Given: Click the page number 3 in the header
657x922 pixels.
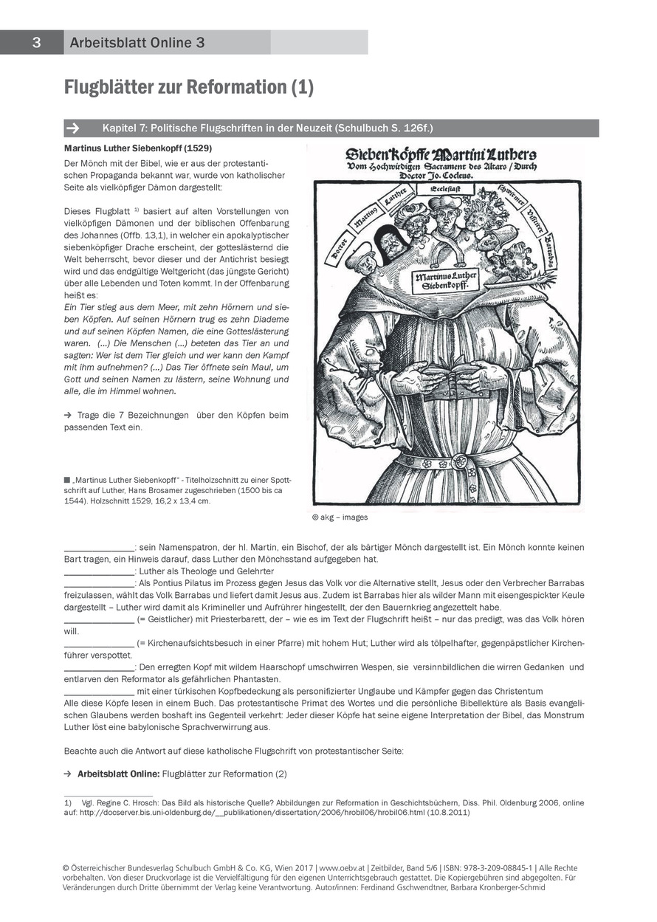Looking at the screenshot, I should [x=35, y=43].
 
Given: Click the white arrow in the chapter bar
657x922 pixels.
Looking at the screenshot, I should [x=72, y=128].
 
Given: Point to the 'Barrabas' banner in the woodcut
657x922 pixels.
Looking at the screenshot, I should [x=550, y=253].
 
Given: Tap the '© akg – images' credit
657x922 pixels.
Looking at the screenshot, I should [x=340, y=517].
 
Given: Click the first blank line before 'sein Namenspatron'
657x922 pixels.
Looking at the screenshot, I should [x=99, y=548].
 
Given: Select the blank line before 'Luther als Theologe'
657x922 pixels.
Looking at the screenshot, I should [x=99, y=571].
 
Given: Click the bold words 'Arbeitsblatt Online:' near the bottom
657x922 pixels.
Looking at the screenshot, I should [x=118, y=774].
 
